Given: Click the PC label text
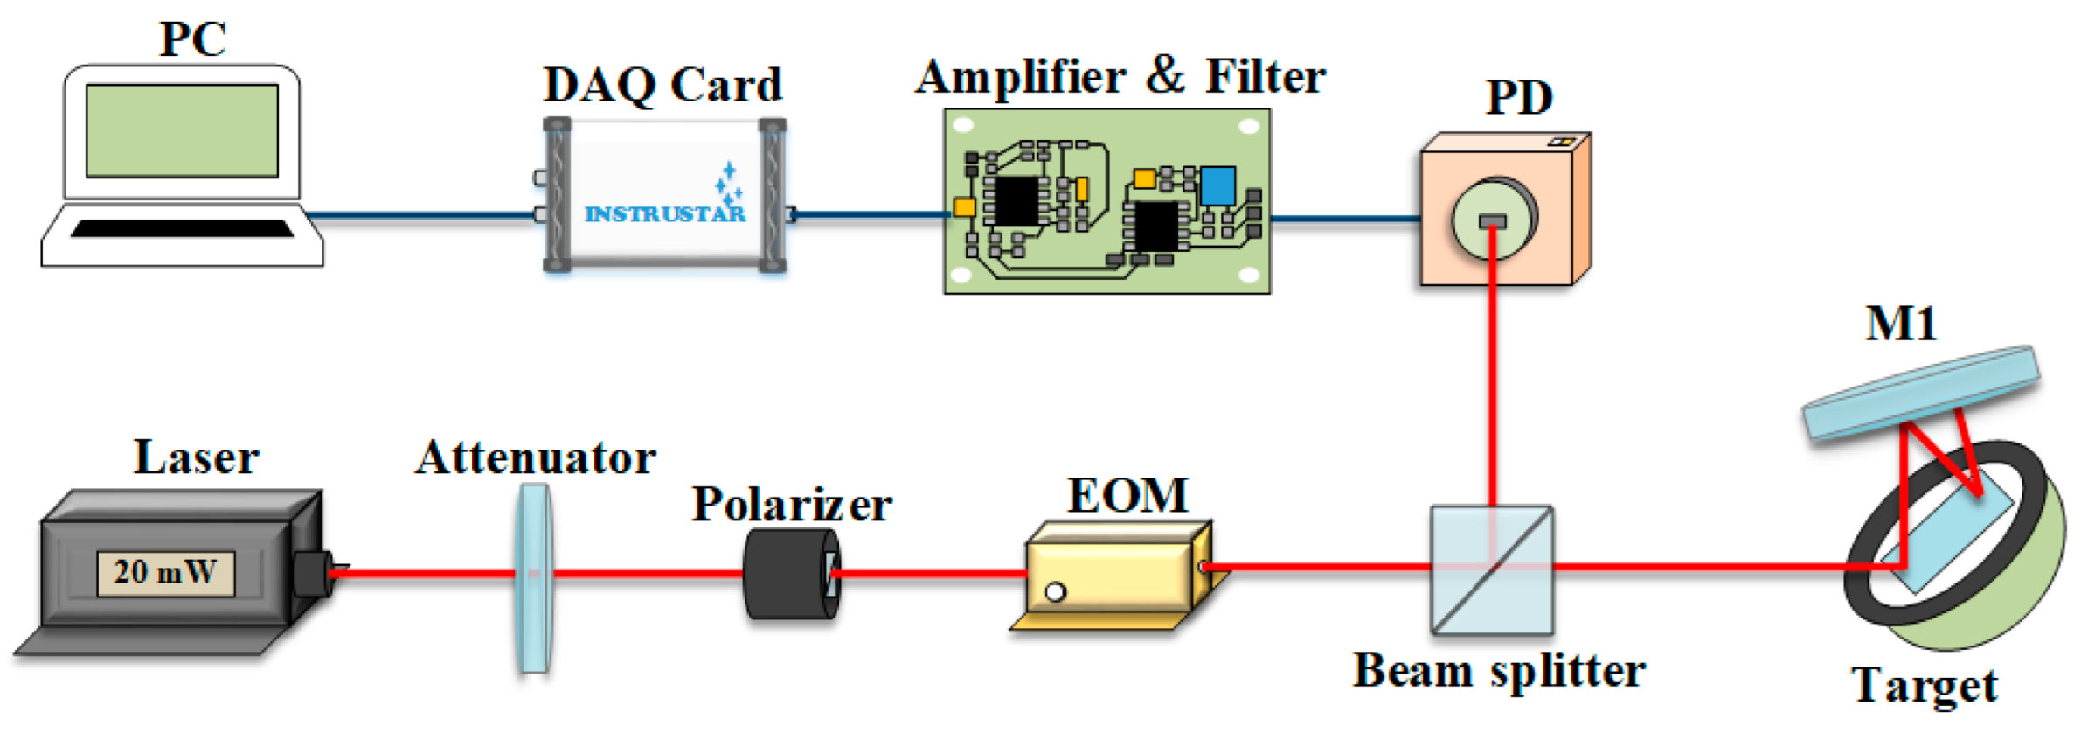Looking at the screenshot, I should (x=192, y=39).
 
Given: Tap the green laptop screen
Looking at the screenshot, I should (x=182, y=131).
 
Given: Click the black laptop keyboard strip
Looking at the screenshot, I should (x=182, y=229).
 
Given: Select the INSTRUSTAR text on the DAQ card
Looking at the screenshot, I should (x=664, y=214).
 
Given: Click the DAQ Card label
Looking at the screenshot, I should (x=662, y=86).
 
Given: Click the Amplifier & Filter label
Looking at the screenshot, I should (x=1120, y=77).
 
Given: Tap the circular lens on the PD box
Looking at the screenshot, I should (x=1493, y=219).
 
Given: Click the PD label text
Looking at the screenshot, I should (x=1519, y=98).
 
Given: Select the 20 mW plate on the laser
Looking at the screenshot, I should (x=165, y=573).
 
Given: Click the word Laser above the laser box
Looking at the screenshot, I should (x=196, y=458).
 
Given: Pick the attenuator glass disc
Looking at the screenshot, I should (x=533, y=577).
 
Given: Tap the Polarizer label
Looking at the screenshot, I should (x=791, y=506).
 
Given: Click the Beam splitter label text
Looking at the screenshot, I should (x=1498, y=672).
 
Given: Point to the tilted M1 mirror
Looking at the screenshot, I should (x=1920, y=393).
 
